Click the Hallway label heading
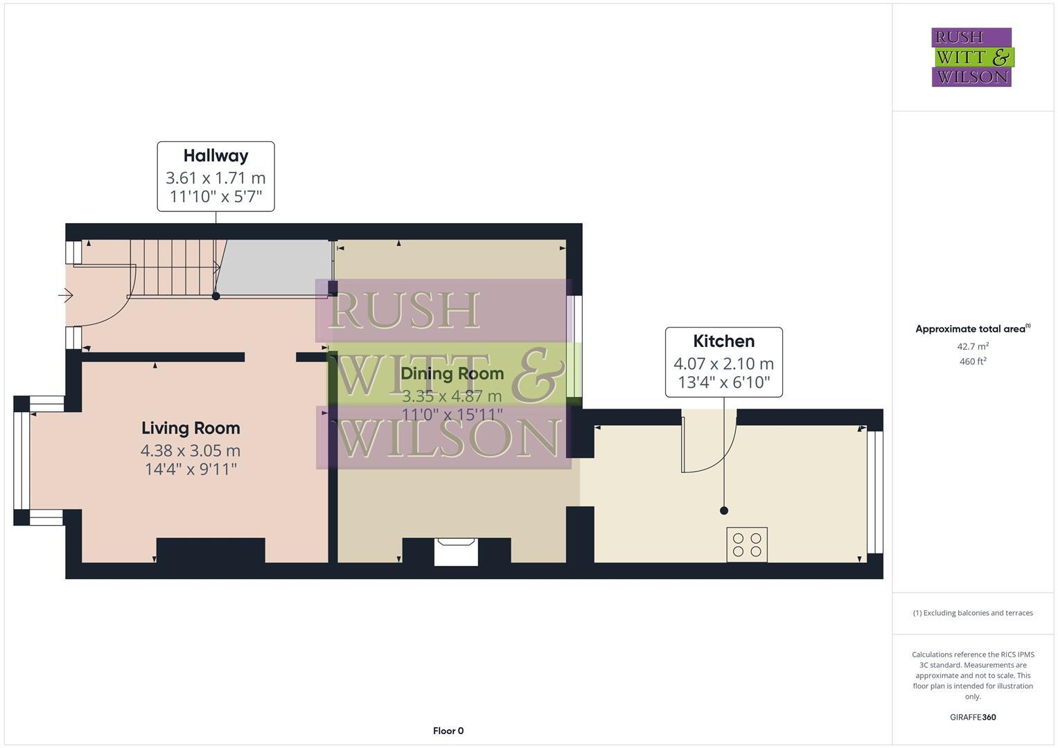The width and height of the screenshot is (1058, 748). [x=215, y=156]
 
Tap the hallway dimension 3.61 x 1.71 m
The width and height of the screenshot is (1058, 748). [x=215, y=178]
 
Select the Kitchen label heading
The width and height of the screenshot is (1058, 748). [x=723, y=341]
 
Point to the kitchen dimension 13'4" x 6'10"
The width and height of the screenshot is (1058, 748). [x=723, y=382]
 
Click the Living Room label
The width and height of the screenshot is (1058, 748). [x=191, y=428]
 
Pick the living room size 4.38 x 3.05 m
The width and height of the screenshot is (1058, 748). [x=191, y=451]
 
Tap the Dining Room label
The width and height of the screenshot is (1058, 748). [x=452, y=374]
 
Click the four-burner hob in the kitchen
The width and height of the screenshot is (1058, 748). [x=747, y=544]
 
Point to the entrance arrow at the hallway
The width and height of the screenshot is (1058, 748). [x=66, y=296]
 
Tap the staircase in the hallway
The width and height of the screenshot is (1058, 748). [x=173, y=267]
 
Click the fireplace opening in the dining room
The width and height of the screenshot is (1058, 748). [x=456, y=553]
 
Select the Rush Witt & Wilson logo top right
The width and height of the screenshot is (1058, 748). [x=971, y=57]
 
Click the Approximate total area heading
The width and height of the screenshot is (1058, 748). [x=972, y=329]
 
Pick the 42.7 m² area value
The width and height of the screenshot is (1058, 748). [x=972, y=346]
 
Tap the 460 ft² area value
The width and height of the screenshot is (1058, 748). [x=972, y=362]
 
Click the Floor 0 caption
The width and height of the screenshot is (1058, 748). [x=448, y=731]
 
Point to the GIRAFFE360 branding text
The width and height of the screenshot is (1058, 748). [x=972, y=718]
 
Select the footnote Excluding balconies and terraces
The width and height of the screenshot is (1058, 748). [x=972, y=613]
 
